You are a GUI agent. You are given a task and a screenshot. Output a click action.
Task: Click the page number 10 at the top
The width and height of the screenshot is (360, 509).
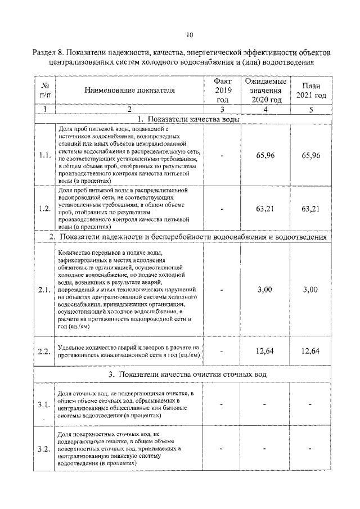[x=190, y=35]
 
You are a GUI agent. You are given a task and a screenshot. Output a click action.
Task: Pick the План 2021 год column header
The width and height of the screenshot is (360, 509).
[x=311, y=90]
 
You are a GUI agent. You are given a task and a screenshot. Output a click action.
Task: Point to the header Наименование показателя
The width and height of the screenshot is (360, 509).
[x=129, y=90]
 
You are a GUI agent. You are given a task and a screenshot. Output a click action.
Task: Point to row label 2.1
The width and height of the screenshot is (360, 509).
[x=44, y=290]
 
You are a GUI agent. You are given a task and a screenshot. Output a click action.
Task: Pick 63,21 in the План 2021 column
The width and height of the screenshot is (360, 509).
[x=311, y=209]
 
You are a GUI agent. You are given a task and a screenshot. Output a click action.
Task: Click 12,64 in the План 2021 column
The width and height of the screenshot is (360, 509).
[x=311, y=351]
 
